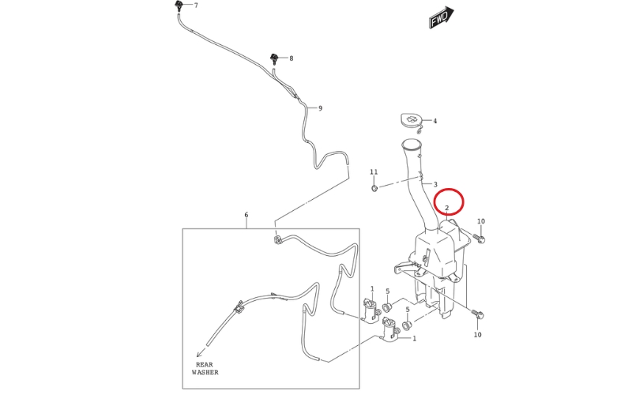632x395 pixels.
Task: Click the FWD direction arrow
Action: coord(441,17)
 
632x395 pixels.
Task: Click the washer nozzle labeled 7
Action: coord(179,6)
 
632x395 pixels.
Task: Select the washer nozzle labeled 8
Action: coord(274,58)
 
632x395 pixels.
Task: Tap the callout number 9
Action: coord(321,108)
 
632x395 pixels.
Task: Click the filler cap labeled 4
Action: coord(411,121)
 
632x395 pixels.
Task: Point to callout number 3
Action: coord(435,184)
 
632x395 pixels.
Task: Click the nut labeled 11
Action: coord(374,188)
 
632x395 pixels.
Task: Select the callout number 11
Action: coord(374,172)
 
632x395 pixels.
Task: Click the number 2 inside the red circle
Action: coord(447,208)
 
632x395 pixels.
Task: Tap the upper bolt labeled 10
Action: coord(480,239)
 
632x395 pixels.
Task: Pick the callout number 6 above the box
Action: coord(246,215)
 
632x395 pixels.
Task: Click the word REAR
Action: coord(205,364)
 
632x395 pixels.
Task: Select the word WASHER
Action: coord(205,372)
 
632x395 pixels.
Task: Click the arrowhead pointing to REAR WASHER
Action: coord(199,355)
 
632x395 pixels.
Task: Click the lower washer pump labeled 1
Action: coord(389,329)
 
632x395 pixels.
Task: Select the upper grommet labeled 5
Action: coord(387,307)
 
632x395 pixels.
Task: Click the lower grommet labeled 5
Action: coord(406,325)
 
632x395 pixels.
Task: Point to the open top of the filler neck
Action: coord(411,144)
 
